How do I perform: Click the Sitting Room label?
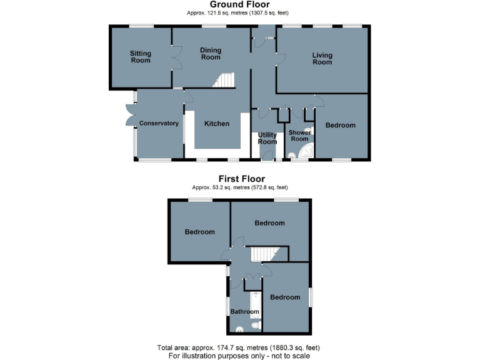click(140, 57)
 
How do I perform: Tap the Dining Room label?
click(211, 53)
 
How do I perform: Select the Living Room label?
click(322, 59)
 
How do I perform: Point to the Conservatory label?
click(159, 124)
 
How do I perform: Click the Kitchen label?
click(217, 124)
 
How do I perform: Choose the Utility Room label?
click(267, 138)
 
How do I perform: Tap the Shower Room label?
click(299, 136)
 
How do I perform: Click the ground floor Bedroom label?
click(340, 126)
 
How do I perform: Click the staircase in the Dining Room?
click(224, 81)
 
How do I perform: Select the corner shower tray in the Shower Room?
click(307, 152)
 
